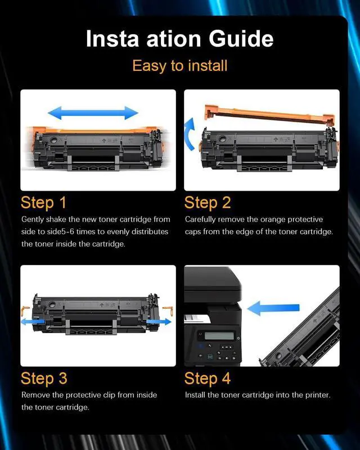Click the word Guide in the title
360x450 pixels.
click(x=241, y=38)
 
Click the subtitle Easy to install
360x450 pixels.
click(x=179, y=66)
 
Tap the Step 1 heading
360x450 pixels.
click(x=43, y=202)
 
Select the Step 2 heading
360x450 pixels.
click(x=207, y=202)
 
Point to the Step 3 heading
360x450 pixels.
click(x=44, y=378)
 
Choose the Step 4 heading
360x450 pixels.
click(x=207, y=378)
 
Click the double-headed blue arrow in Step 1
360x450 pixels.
click(x=93, y=113)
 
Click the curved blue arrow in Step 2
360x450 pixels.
click(x=190, y=134)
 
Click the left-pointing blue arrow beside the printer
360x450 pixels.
click(x=273, y=308)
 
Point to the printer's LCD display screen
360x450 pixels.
click(x=219, y=335)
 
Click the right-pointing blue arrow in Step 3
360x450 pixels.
click(x=159, y=321)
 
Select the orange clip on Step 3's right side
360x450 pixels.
click(x=169, y=311)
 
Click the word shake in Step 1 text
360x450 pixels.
click(x=56, y=219)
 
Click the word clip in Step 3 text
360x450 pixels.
click(x=109, y=395)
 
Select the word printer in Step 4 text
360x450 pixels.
click(x=318, y=395)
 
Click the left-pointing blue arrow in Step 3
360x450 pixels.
click(x=33, y=321)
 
